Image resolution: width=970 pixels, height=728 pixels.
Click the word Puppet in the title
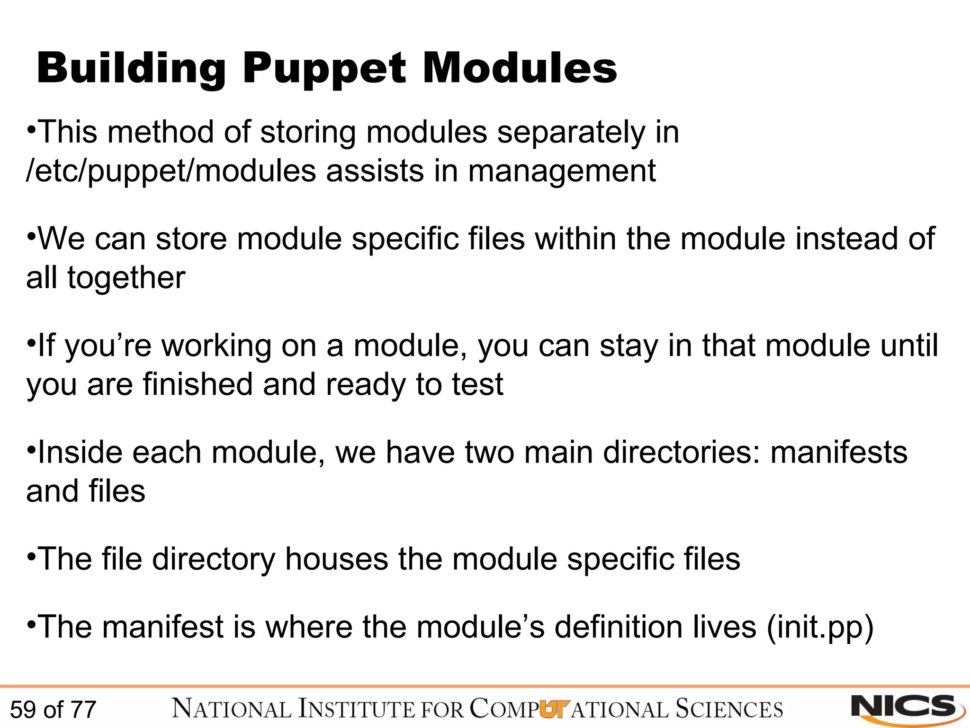(324, 69)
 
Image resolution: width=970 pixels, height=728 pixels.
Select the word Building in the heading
(131, 69)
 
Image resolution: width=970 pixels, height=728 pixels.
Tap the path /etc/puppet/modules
(171, 172)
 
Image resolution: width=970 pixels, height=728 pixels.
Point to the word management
(562, 172)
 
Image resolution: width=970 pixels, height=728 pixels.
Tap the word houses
(336, 559)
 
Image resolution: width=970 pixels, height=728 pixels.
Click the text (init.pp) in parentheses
(820, 627)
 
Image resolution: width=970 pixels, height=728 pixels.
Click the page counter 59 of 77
(53, 710)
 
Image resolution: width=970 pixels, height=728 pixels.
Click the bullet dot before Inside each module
(31, 448)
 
